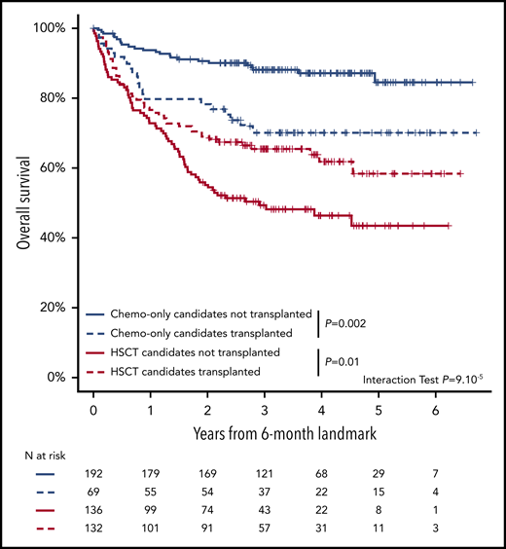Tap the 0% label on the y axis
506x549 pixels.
point(55,377)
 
